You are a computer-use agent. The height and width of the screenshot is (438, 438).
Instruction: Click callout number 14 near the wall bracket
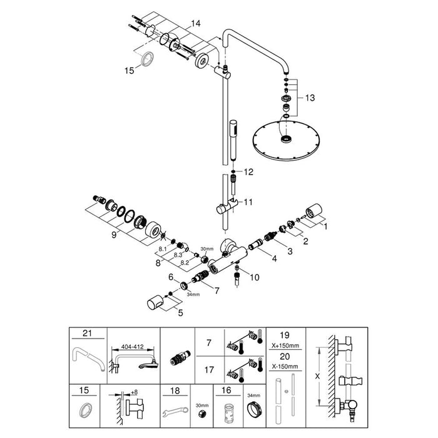tap(195, 24)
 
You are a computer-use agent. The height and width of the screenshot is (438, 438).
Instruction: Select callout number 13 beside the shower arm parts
tap(310, 98)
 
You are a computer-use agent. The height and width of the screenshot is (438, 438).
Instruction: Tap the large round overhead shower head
tap(286, 140)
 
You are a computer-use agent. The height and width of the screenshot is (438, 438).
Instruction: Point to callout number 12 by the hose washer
tap(248, 172)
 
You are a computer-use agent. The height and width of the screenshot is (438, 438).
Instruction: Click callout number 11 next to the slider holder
tap(248, 202)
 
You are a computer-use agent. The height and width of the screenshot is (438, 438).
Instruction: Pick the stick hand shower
tap(233, 140)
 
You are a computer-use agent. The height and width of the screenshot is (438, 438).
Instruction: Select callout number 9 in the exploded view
tap(114, 235)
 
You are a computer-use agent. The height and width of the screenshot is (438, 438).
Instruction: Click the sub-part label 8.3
tap(178, 255)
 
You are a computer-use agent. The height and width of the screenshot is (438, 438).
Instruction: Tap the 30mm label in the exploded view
tap(206, 248)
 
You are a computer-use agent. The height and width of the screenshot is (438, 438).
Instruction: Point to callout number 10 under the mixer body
tap(255, 277)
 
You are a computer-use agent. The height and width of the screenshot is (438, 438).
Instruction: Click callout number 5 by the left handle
tap(180, 313)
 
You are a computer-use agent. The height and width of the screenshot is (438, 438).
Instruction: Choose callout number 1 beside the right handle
tap(325, 227)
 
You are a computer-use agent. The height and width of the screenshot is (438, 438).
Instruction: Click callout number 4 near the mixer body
tap(275, 259)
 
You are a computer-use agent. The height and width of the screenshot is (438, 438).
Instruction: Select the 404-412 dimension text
tap(132, 347)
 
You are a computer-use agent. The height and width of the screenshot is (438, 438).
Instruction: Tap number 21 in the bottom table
tap(88, 334)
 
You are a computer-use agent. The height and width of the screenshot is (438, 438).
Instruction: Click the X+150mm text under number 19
tap(285, 345)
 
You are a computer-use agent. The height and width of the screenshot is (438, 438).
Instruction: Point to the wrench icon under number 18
tap(174, 412)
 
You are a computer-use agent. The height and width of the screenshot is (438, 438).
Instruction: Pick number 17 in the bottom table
tap(209, 370)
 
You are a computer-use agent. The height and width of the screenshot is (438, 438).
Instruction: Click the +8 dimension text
tap(135, 392)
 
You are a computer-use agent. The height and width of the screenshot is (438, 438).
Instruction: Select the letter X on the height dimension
tap(318, 377)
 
